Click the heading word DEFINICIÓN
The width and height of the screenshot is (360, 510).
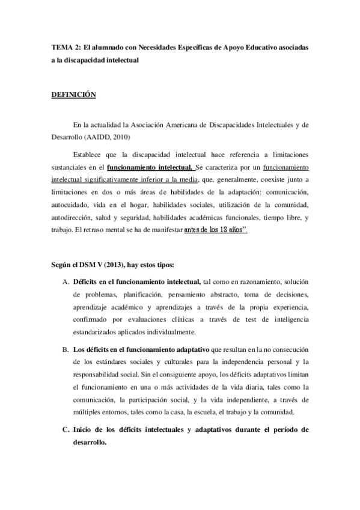tap(73, 94)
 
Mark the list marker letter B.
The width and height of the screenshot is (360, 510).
tap(65, 349)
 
